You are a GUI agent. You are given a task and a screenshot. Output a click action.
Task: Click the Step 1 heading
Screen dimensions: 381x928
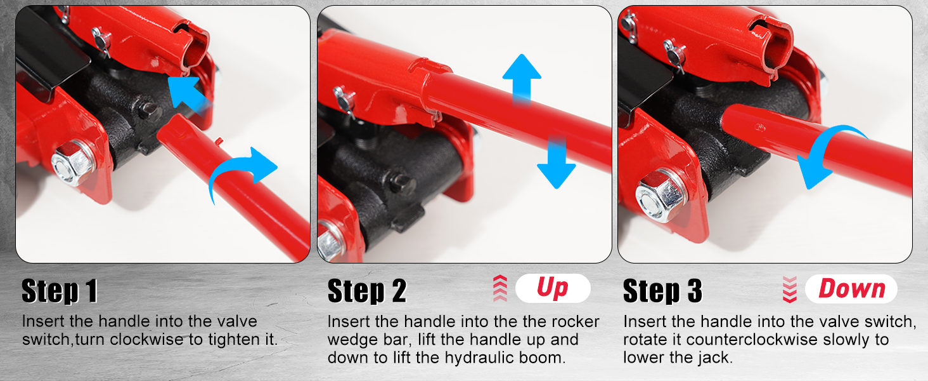(60, 291)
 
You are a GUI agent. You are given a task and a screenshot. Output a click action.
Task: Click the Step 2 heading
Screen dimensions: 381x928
(366, 291)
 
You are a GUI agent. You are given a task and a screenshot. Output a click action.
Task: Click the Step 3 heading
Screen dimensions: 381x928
(662, 291)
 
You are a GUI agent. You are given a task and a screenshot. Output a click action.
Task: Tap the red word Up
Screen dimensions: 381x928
(553, 289)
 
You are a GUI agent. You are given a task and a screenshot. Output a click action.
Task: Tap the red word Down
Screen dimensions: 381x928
(851, 289)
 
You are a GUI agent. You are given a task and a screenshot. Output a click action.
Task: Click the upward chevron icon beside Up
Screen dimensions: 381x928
(500, 289)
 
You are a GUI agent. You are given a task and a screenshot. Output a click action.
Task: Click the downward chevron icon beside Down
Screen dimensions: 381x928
(790, 289)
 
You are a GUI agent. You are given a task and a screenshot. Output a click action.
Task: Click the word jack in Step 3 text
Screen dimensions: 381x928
(716, 358)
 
